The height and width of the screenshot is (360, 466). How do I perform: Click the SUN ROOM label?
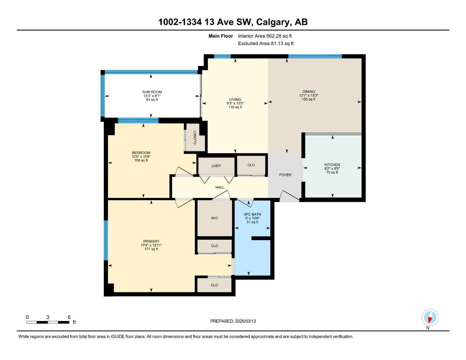[152, 92]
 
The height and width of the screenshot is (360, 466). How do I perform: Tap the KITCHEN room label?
[332, 165]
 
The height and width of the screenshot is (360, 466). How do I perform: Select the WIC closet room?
[215, 218]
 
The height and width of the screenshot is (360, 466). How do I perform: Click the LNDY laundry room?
[216, 166]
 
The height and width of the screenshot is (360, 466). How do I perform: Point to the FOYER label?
[285, 175]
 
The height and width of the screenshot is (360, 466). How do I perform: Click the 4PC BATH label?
[252, 214]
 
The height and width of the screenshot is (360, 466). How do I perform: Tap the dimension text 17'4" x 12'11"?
[151, 245]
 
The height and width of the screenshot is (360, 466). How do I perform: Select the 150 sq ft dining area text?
[308, 99]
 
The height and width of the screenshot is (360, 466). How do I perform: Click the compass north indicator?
[430, 318]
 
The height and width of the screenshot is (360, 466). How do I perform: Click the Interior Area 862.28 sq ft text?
[265, 36]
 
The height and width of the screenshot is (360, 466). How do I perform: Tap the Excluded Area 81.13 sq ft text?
[266, 44]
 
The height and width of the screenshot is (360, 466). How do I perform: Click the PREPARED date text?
[233, 321]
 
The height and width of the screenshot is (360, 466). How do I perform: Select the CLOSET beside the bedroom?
[195, 137]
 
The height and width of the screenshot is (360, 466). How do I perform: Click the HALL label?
[220, 187]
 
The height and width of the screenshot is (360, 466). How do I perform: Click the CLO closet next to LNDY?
[251, 165]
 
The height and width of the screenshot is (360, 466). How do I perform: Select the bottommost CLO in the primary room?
[214, 285]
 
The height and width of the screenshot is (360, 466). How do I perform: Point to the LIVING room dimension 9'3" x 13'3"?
[235, 103]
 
